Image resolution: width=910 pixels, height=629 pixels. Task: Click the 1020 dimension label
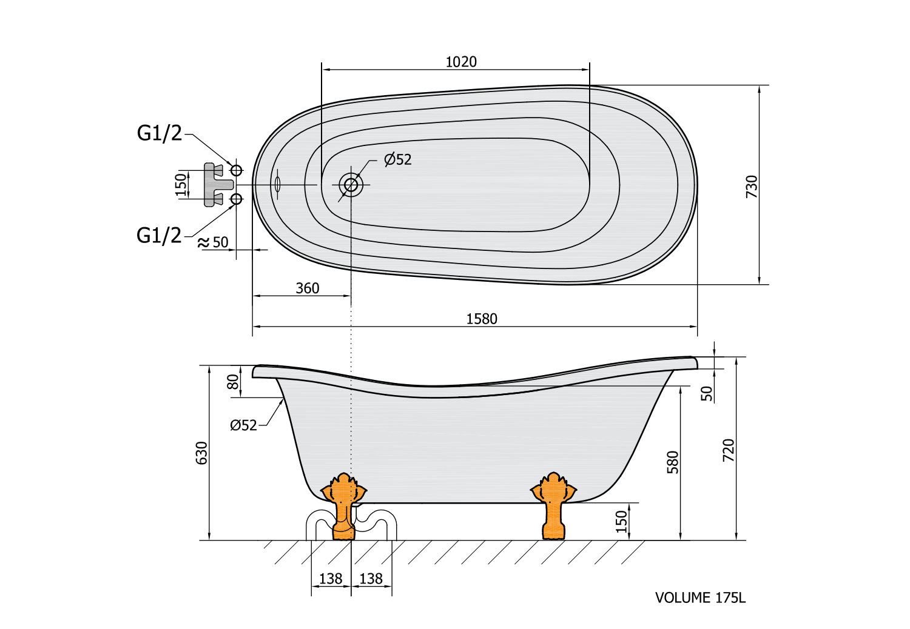click(x=461, y=62)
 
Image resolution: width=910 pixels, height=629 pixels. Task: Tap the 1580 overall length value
click(x=482, y=319)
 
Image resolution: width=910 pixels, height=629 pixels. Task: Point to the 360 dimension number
click(x=308, y=288)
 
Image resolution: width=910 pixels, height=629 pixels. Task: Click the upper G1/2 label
click(x=160, y=133)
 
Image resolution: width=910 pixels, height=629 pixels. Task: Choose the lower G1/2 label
click(x=159, y=235)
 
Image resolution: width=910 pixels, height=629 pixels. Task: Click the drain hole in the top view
click(x=351, y=185)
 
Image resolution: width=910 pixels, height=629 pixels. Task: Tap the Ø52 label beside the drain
click(x=398, y=159)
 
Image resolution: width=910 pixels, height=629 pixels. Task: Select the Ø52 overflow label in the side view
click(x=243, y=425)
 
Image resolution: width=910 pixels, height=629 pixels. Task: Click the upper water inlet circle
click(x=237, y=170)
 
